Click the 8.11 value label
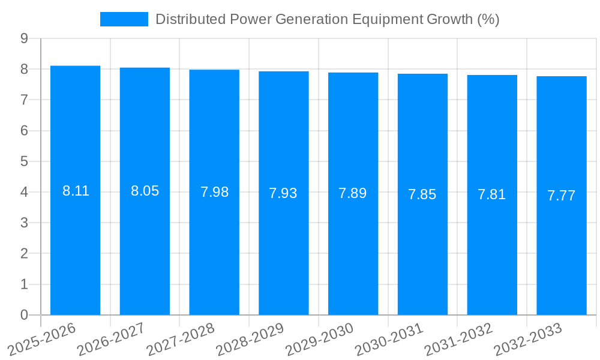click(x=76, y=191)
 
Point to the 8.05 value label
click(x=145, y=191)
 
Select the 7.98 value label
click(x=214, y=192)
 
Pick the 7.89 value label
click(x=353, y=193)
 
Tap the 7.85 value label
click(x=422, y=194)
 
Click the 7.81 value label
click(x=492, y=194)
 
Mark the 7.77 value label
click(x=562, y=196)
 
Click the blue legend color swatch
click(x=124, y=19)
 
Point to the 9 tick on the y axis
click(x=24, y=38)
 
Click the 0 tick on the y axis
click(x=24, y=315)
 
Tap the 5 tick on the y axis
click(x=24, y=161)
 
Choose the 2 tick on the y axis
click(x=24, y=254)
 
